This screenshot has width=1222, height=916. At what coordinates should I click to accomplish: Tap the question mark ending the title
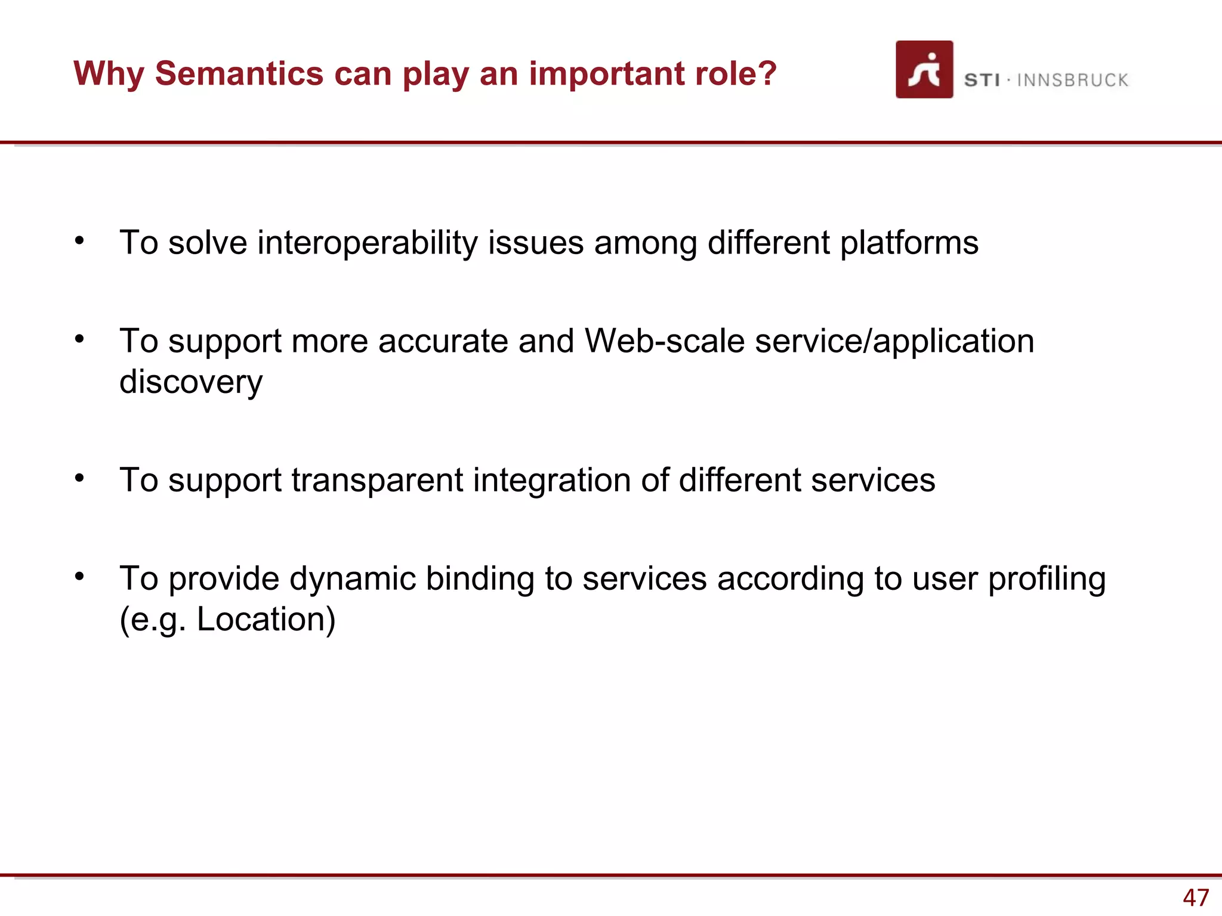(x=767, y=73)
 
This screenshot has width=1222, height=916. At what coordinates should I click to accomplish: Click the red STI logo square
(x=924, y=69)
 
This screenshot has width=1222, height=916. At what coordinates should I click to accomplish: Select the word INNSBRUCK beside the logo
(x=1072, y=80)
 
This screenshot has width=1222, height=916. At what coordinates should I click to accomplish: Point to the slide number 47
(x=1196, y=898)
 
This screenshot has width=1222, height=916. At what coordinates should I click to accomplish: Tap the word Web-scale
(x=664, y=341)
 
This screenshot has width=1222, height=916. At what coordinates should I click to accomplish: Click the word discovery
(x=191, y=382)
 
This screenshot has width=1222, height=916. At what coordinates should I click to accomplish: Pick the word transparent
(x=377, y=481)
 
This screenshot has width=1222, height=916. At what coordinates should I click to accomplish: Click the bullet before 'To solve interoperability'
(x=79, y=241)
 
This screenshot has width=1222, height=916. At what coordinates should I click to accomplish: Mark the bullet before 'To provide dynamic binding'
(x=79, y=577)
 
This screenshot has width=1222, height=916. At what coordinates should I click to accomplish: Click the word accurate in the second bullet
(x=443, y=342)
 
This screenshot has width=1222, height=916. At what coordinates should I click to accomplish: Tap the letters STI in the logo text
(x=982, y=80)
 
